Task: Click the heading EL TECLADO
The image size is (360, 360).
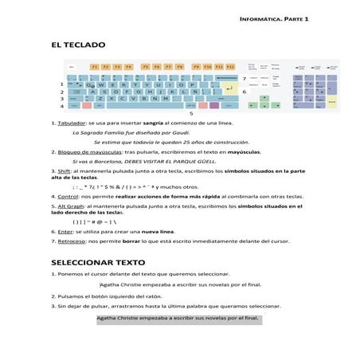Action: click(78, 46)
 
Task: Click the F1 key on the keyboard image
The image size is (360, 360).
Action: click(94, 67)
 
